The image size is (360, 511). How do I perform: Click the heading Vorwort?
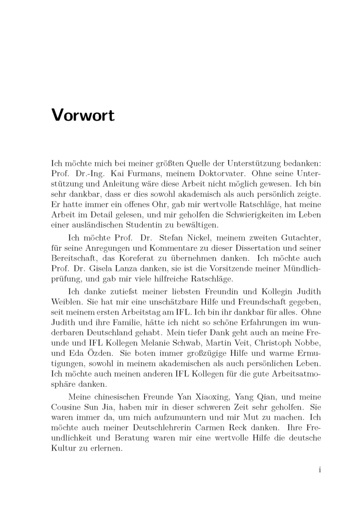point(83,115)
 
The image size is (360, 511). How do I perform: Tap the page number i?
point(320,469)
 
